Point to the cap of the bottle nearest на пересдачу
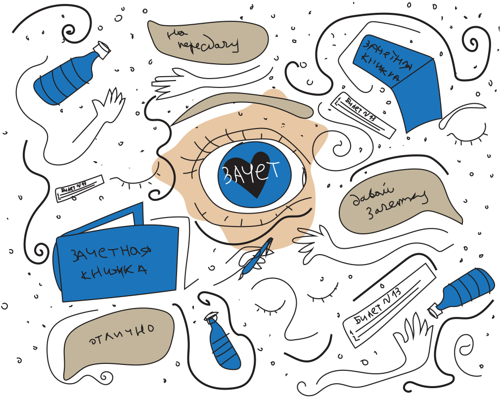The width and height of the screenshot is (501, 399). point(103,49)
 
